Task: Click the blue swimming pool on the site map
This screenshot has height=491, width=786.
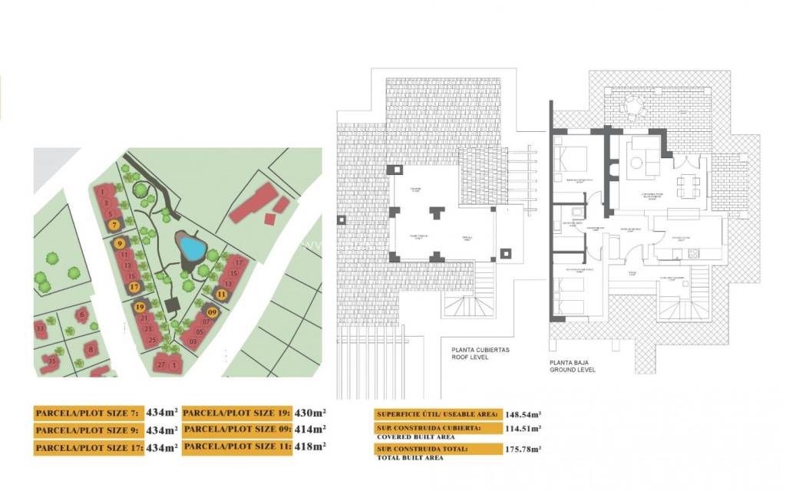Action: [x=191, y=248]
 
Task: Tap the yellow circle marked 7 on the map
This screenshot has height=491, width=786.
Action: [x=114, y=225]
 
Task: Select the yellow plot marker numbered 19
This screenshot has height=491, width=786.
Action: [x=140, y=307]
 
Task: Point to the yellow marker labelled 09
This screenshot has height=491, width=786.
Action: [x=212, y=312]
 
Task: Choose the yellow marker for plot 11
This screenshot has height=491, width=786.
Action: [x=221, y=293]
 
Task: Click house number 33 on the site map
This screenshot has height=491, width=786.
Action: [x=40, y=328]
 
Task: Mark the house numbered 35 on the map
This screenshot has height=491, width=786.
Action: [x=52, y=361]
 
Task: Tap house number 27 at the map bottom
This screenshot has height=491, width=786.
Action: [x=161, y=364]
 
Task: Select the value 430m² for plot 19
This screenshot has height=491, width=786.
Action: [x=309, y=413]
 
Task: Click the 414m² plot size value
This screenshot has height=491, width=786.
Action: [x=309, y=430]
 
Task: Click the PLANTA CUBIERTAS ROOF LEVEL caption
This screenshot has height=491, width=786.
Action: [x=481, y=354]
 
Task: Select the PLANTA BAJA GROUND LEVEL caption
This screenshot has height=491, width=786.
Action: [x=573, y=365]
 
